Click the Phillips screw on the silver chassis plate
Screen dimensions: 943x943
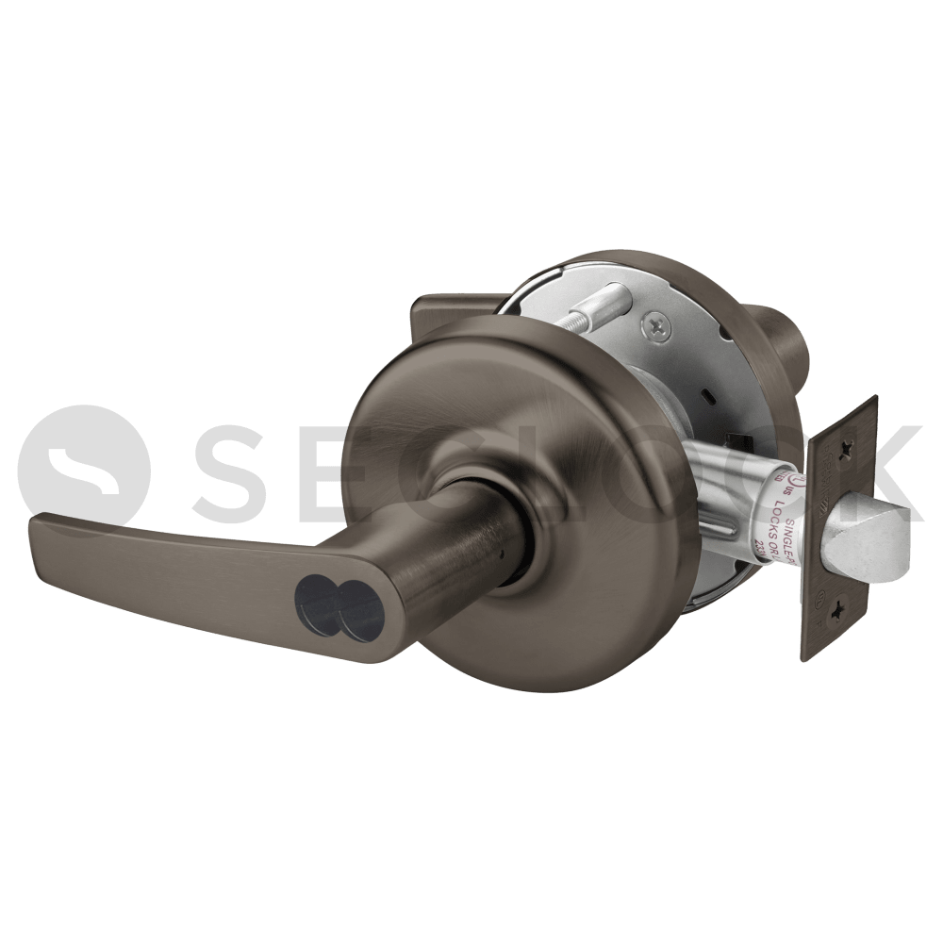tap(657, 326)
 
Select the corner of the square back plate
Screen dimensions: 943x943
tap(422, 304)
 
